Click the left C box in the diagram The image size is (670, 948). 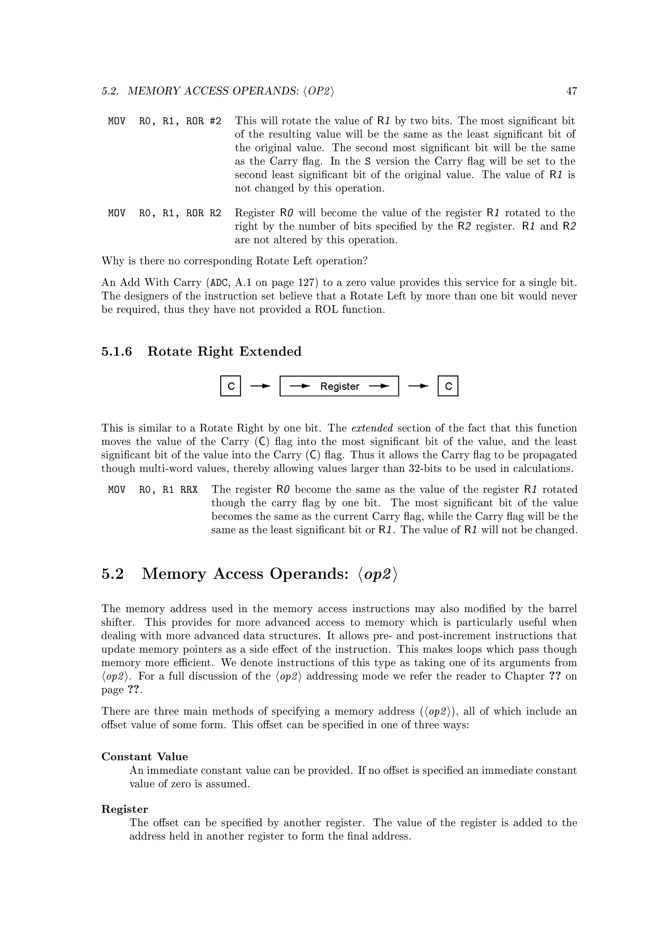pos(231,386)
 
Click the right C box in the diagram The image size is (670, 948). pos(448,386)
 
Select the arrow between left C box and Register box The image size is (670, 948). pos(260,386)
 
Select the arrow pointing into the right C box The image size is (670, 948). pos(418,386)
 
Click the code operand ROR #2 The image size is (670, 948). pos(203,121)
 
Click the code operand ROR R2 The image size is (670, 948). pos(203,213)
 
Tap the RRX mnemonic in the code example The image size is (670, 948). pos(189,490)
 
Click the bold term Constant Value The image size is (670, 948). pos(144,757)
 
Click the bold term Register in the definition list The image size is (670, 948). pos(125,809)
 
